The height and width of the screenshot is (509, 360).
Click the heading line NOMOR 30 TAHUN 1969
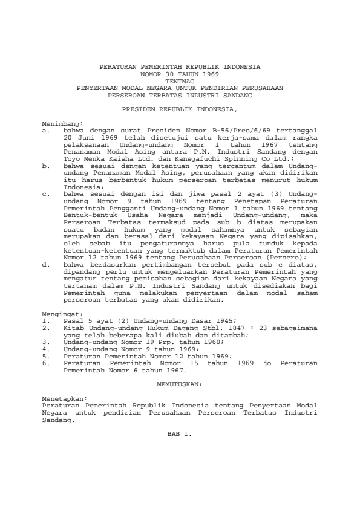click(x=180, y=73)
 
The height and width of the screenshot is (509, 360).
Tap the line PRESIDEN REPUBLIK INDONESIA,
click(x=180, y=111)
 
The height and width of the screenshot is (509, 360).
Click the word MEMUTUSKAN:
click(x=180, y=384)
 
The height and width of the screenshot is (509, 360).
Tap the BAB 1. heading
click(x=180, y=434)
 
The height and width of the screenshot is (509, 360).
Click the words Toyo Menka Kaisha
click(x=87, y=157)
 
